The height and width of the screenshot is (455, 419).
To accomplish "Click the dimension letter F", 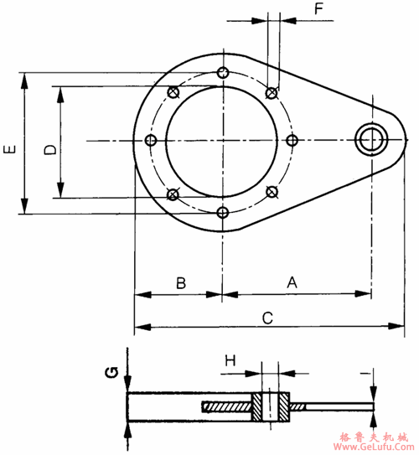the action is (319, 9).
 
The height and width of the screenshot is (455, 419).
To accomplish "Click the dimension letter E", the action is (9, 149).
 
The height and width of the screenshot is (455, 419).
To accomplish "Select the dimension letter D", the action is (50, 149).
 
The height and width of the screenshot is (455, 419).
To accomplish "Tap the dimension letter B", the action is (181, 283).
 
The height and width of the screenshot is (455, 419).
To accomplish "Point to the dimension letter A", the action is (292, 282).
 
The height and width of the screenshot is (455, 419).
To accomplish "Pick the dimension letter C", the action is (267, 318).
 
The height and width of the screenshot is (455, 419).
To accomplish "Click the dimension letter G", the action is (111, 373).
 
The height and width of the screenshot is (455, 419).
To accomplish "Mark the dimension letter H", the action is (230, 361).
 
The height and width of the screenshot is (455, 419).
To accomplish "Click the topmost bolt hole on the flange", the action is (223, 73).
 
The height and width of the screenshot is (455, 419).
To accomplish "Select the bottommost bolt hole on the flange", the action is (223, 213).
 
